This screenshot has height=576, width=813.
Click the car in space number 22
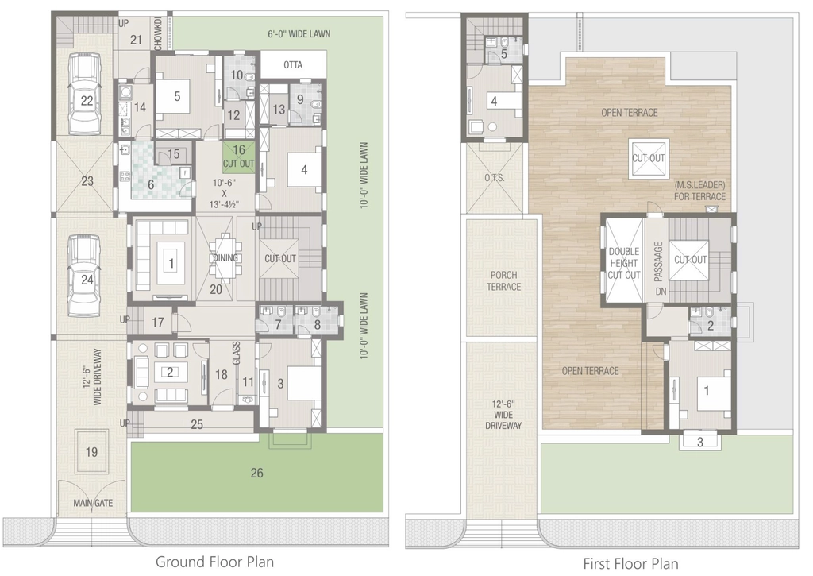coord(86,94)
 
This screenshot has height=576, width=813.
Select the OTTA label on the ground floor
coord(293,65)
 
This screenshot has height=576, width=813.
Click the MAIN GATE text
coord(93,503)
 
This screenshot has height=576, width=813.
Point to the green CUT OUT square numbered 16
coord(239,157)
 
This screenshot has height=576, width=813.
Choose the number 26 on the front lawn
coord(256,473)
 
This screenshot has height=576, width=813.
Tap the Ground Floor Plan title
coord(214,562)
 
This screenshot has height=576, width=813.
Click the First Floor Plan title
coord(630,563)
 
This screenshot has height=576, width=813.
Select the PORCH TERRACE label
coord(503,280)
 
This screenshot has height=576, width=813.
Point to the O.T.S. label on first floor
coord(494,177)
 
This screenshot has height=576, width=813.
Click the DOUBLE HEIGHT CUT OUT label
coord(624,263)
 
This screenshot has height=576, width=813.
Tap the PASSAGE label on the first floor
coord(658,261)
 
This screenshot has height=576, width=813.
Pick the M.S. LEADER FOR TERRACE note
coord(699,191)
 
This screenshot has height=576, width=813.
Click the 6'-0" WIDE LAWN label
coord(299,33)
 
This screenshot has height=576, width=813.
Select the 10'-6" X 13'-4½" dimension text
coord(224,193)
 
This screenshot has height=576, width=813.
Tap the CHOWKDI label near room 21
coord(158,33)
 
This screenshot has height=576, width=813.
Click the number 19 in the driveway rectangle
coord(92,452)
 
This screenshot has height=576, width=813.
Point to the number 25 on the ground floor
coord(197,424)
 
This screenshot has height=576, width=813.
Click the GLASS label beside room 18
coord(236,353)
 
